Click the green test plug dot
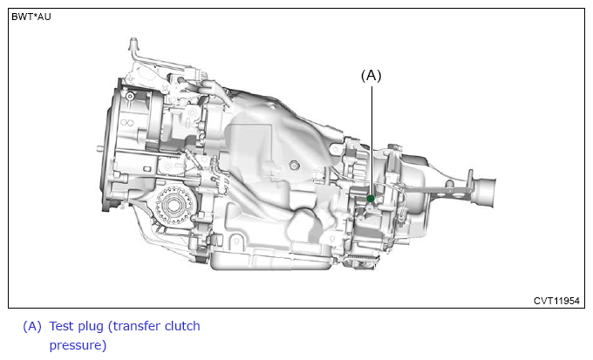(x=371, y=199)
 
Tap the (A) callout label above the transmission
(x=371, y=76)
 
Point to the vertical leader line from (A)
(x=371, y=140)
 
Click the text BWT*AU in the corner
(x=31, y=17)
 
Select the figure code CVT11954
(x=556, y=301)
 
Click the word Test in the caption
(x=63, y=326)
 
